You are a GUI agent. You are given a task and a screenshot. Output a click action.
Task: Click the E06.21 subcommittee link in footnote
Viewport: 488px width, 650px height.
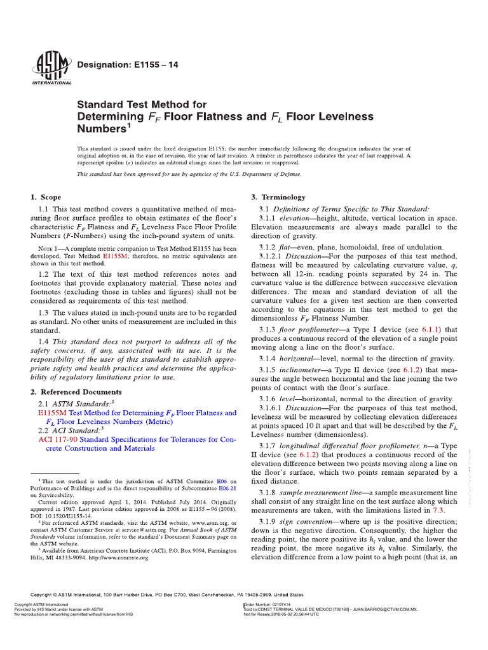[212, 491]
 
